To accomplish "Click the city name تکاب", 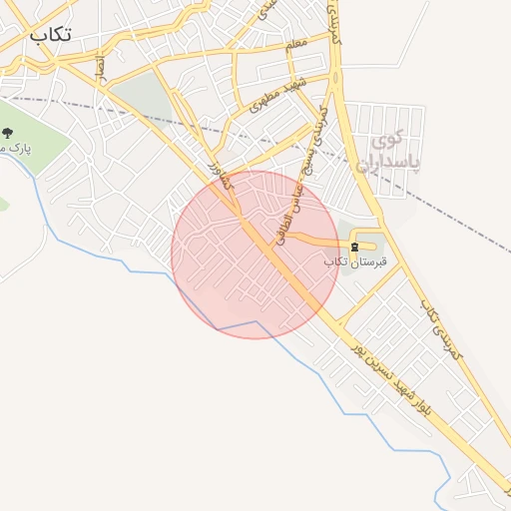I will tap(51, 33).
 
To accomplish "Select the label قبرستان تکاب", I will tap(349, 260).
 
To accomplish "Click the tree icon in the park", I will tap(8, 133).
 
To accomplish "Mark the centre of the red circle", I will tap(255, 255).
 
